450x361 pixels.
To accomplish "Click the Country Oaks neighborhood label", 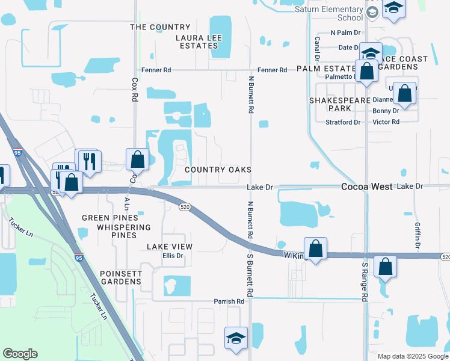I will pos(218,170).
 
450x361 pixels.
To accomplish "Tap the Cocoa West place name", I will pos(367,187).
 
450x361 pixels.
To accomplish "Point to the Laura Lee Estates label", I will pos(199,42).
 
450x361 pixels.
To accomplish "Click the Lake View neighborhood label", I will pos(170,247).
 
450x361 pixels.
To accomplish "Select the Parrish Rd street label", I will pos(229,301).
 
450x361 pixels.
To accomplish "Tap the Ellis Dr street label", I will pos(172,255).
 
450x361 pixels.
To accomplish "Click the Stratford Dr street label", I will pos(343,122).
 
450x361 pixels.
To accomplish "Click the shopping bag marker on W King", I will pos(315,247).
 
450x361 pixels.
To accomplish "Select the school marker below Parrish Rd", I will pos(236,338).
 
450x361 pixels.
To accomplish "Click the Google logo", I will pos(20,354).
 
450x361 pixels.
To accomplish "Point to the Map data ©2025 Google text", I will pos(413,356).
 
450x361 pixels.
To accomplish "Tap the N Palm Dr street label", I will pos(345,32).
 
